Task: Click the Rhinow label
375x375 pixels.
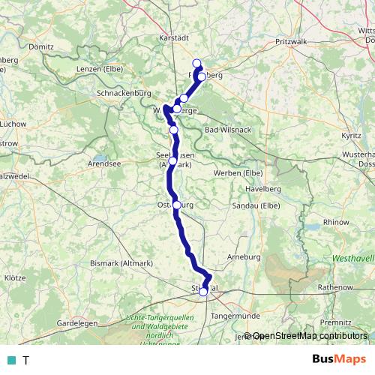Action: (335, 222)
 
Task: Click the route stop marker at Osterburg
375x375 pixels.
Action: (177, 205)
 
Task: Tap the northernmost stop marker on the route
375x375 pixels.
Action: (197, 63)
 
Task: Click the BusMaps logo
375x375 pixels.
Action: (339, 359)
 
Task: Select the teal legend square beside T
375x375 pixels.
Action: (10, 360)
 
